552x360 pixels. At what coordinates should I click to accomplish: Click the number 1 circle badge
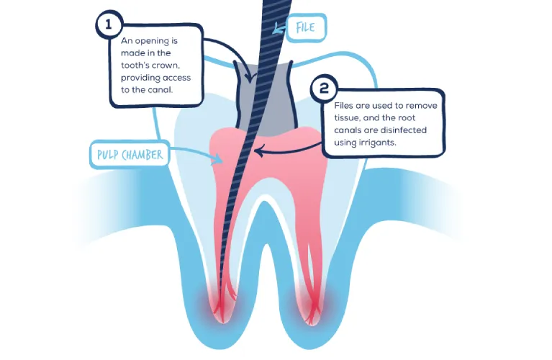[x=109, y=24]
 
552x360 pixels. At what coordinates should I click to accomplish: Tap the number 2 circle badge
[x=324, y=89]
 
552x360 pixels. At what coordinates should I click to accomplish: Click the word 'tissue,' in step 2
[x=348, y=117]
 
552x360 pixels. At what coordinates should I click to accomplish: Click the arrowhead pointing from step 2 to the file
[x=261, y=152]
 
